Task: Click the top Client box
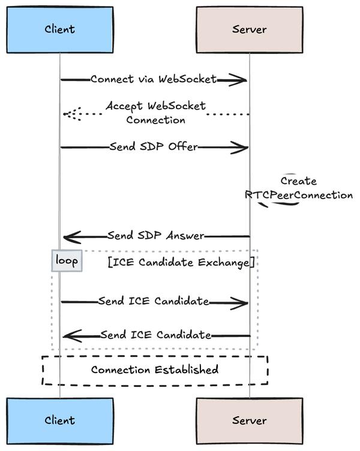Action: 59,29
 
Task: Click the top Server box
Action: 249,29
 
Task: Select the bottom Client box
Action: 59,420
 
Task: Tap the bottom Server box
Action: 249,420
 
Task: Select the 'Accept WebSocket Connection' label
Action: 155,113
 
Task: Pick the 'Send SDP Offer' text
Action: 154,147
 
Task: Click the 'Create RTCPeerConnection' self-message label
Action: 299,188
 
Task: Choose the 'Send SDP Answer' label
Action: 155,236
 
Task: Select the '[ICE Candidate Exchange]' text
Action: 181,262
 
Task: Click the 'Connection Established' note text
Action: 154,369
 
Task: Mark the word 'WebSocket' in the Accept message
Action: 178,106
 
